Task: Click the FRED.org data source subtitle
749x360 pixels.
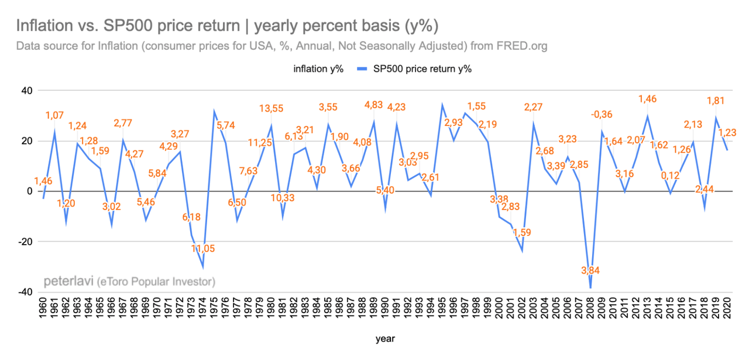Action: tap(282, 46)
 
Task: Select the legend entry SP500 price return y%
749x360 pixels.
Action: tap(414, 68)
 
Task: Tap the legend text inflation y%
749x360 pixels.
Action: tap(318, 68)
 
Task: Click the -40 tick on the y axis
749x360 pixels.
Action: tap(25, 292)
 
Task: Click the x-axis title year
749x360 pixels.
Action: tap(384, 338)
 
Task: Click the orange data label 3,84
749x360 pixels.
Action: tap(590, 270)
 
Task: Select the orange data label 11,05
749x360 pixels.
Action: tap(203, 248)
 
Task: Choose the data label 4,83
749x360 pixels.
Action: tap(374, 105)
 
